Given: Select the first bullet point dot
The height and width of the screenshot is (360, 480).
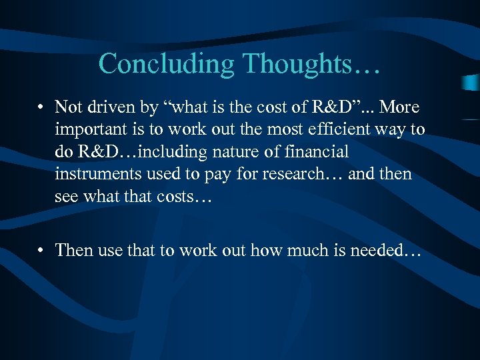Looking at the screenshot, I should pos(41,107).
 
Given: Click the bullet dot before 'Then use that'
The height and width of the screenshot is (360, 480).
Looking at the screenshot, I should pos(41,251).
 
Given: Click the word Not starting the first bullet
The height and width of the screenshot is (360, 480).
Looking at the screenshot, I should pos(67,107).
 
